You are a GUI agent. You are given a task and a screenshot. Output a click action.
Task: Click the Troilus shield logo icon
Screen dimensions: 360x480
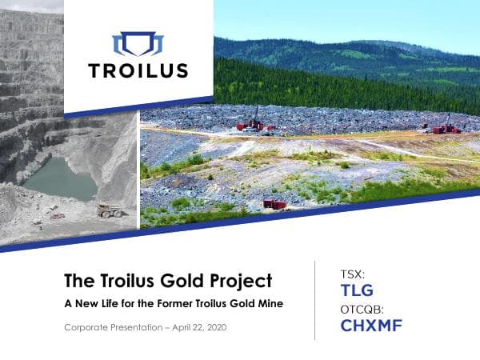(138, 43)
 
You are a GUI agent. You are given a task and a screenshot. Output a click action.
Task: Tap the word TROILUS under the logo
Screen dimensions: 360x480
(138, 70)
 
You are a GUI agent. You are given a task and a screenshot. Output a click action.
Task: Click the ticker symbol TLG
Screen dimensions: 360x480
(357, 290)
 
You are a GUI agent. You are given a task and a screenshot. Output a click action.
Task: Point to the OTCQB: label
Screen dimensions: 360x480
(362, 309)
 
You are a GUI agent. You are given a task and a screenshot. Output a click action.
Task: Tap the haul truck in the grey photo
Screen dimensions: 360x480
(110, 210)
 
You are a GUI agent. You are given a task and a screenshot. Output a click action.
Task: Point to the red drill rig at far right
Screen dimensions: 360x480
(445, 126)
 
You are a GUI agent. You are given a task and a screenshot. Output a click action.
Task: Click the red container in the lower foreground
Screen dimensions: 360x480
(274, 205)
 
